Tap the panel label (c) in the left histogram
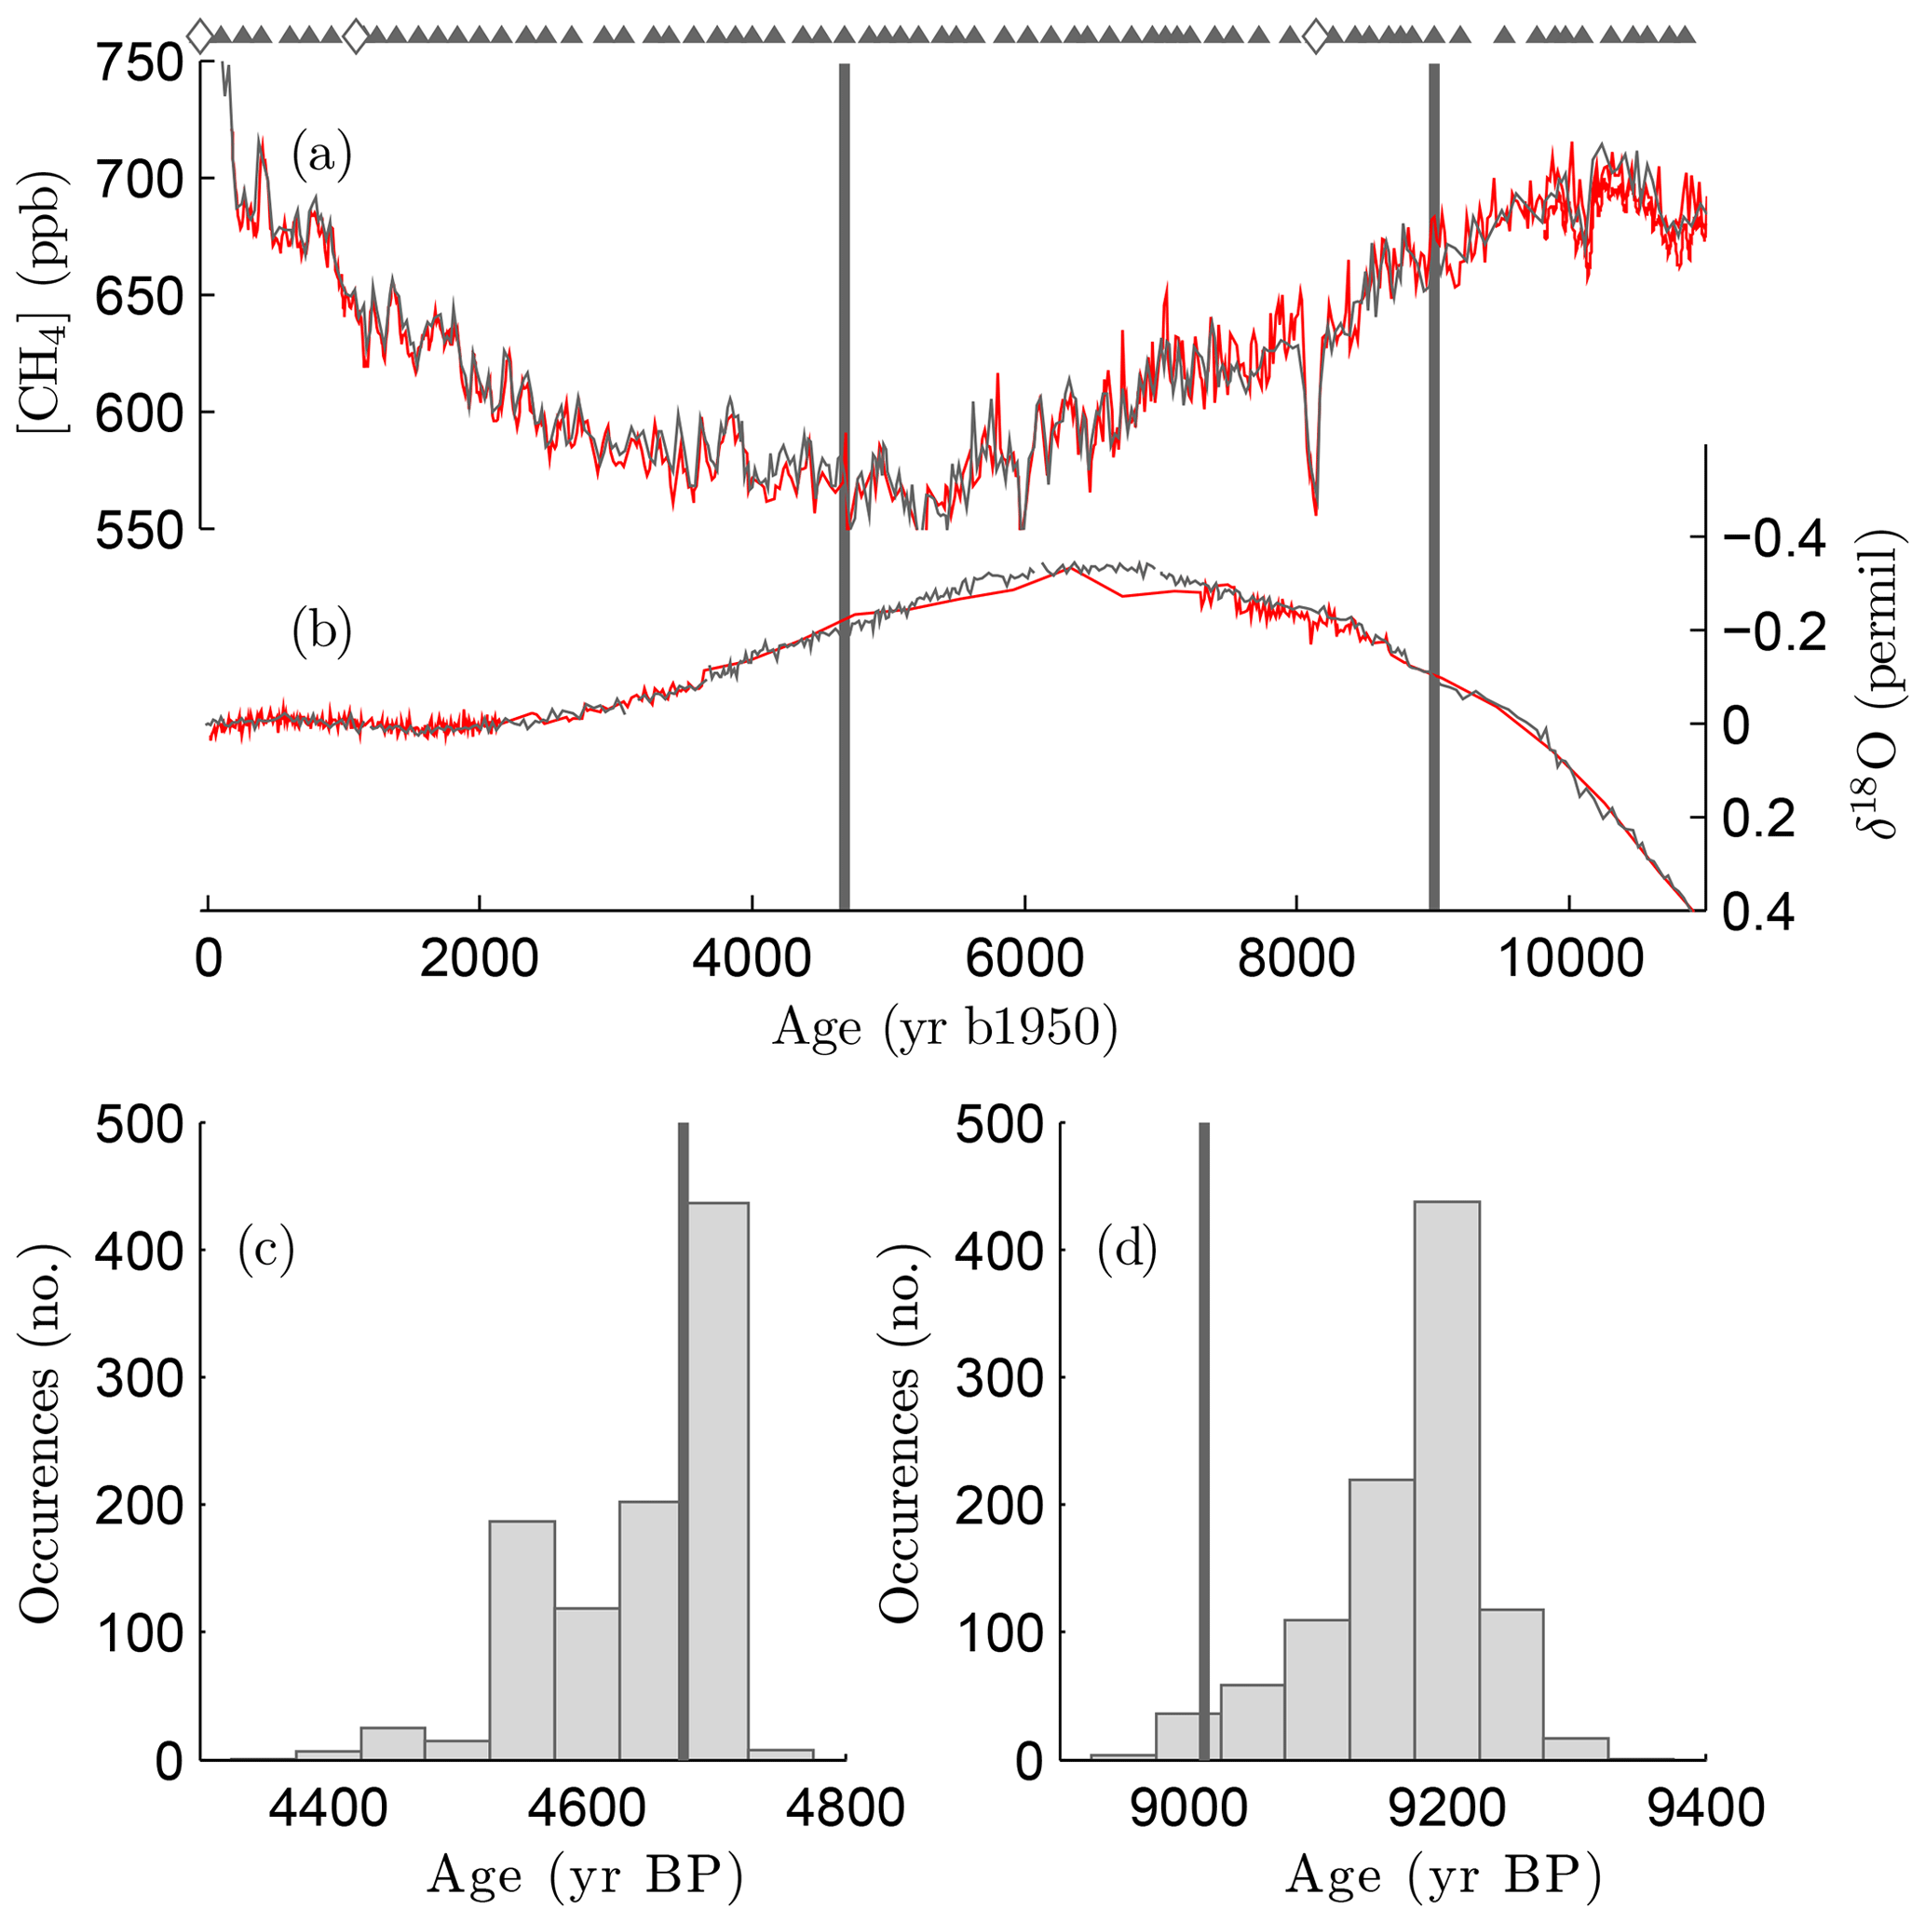point(266,1251)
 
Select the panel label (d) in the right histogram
point(1127,1251)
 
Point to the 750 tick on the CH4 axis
point(140,66)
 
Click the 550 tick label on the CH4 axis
point(140,531)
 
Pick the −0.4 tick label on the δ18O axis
point(1788,539)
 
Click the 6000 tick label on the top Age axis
point(1024,959)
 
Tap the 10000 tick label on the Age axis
point(1569,959)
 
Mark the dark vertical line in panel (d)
point(1203,1395)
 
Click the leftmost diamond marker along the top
point(200,36)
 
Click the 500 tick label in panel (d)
point(998,1126)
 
